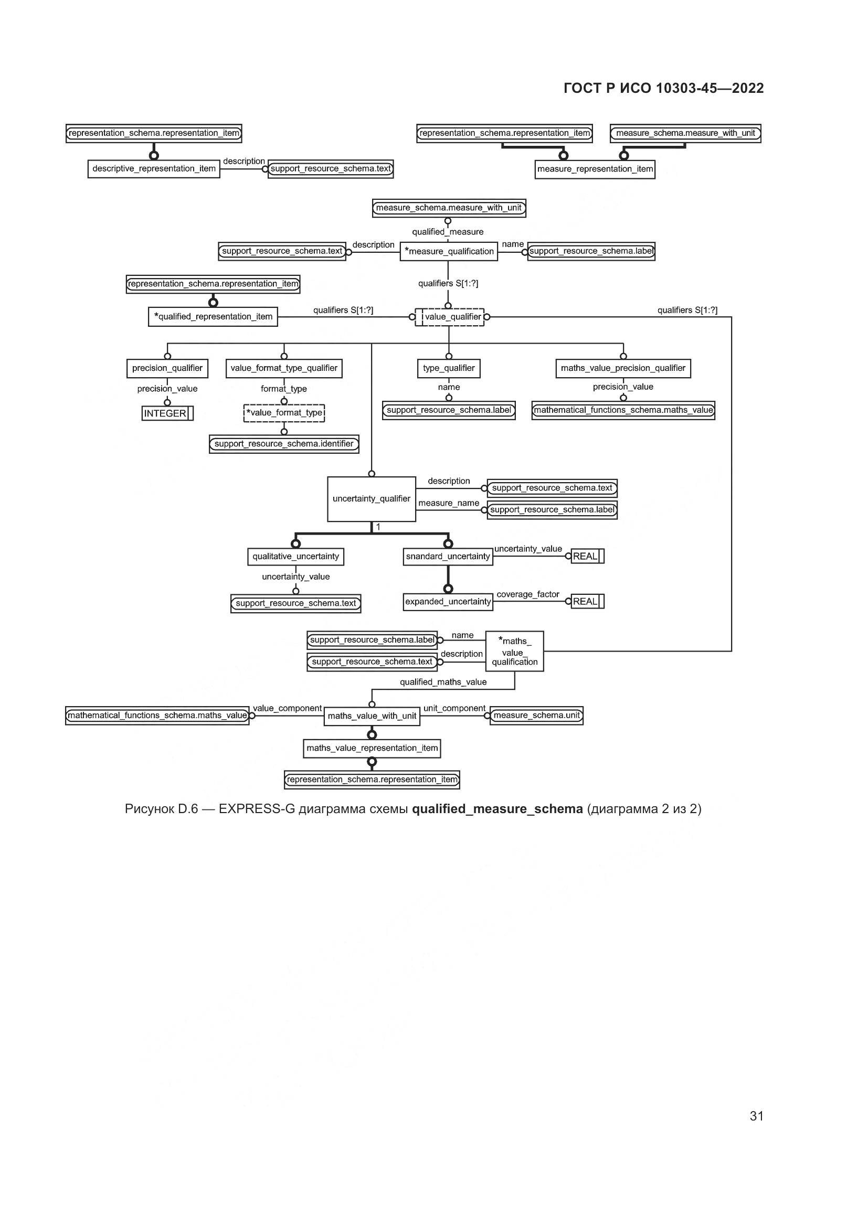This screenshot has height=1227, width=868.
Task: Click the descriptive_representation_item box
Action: coord(153,169)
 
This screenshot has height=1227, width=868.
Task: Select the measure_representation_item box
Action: coord(595,169)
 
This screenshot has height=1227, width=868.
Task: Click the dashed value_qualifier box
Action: coord(450,317)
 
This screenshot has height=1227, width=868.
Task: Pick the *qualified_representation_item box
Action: coord(213,316)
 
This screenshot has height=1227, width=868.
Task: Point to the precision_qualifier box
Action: coord(167,368)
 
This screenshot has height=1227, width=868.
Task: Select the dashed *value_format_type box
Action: coord(284,413)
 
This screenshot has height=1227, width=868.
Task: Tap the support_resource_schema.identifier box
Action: coord(284,444)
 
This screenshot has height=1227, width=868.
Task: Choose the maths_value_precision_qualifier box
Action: coord(623,368)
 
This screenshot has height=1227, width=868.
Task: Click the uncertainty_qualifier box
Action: coord(372,498)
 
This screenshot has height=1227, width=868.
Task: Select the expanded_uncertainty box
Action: coord(448,602)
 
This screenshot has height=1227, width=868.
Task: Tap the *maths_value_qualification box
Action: coord(514,652)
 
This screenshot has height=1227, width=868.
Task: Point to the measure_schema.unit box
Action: coord(537,716)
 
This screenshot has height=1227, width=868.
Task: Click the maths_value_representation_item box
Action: coord(372,748)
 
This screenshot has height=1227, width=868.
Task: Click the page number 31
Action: coord(756,1116)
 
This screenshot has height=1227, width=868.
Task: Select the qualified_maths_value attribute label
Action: coord(443,682)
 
